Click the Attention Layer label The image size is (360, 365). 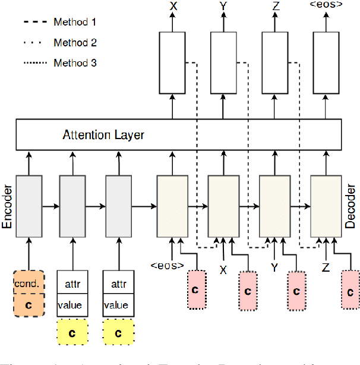(x=103, y=134)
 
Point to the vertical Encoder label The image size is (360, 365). (x=8, y=205)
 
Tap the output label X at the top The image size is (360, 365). (x=173, y=7)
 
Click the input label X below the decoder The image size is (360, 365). (x=223, y=269)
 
